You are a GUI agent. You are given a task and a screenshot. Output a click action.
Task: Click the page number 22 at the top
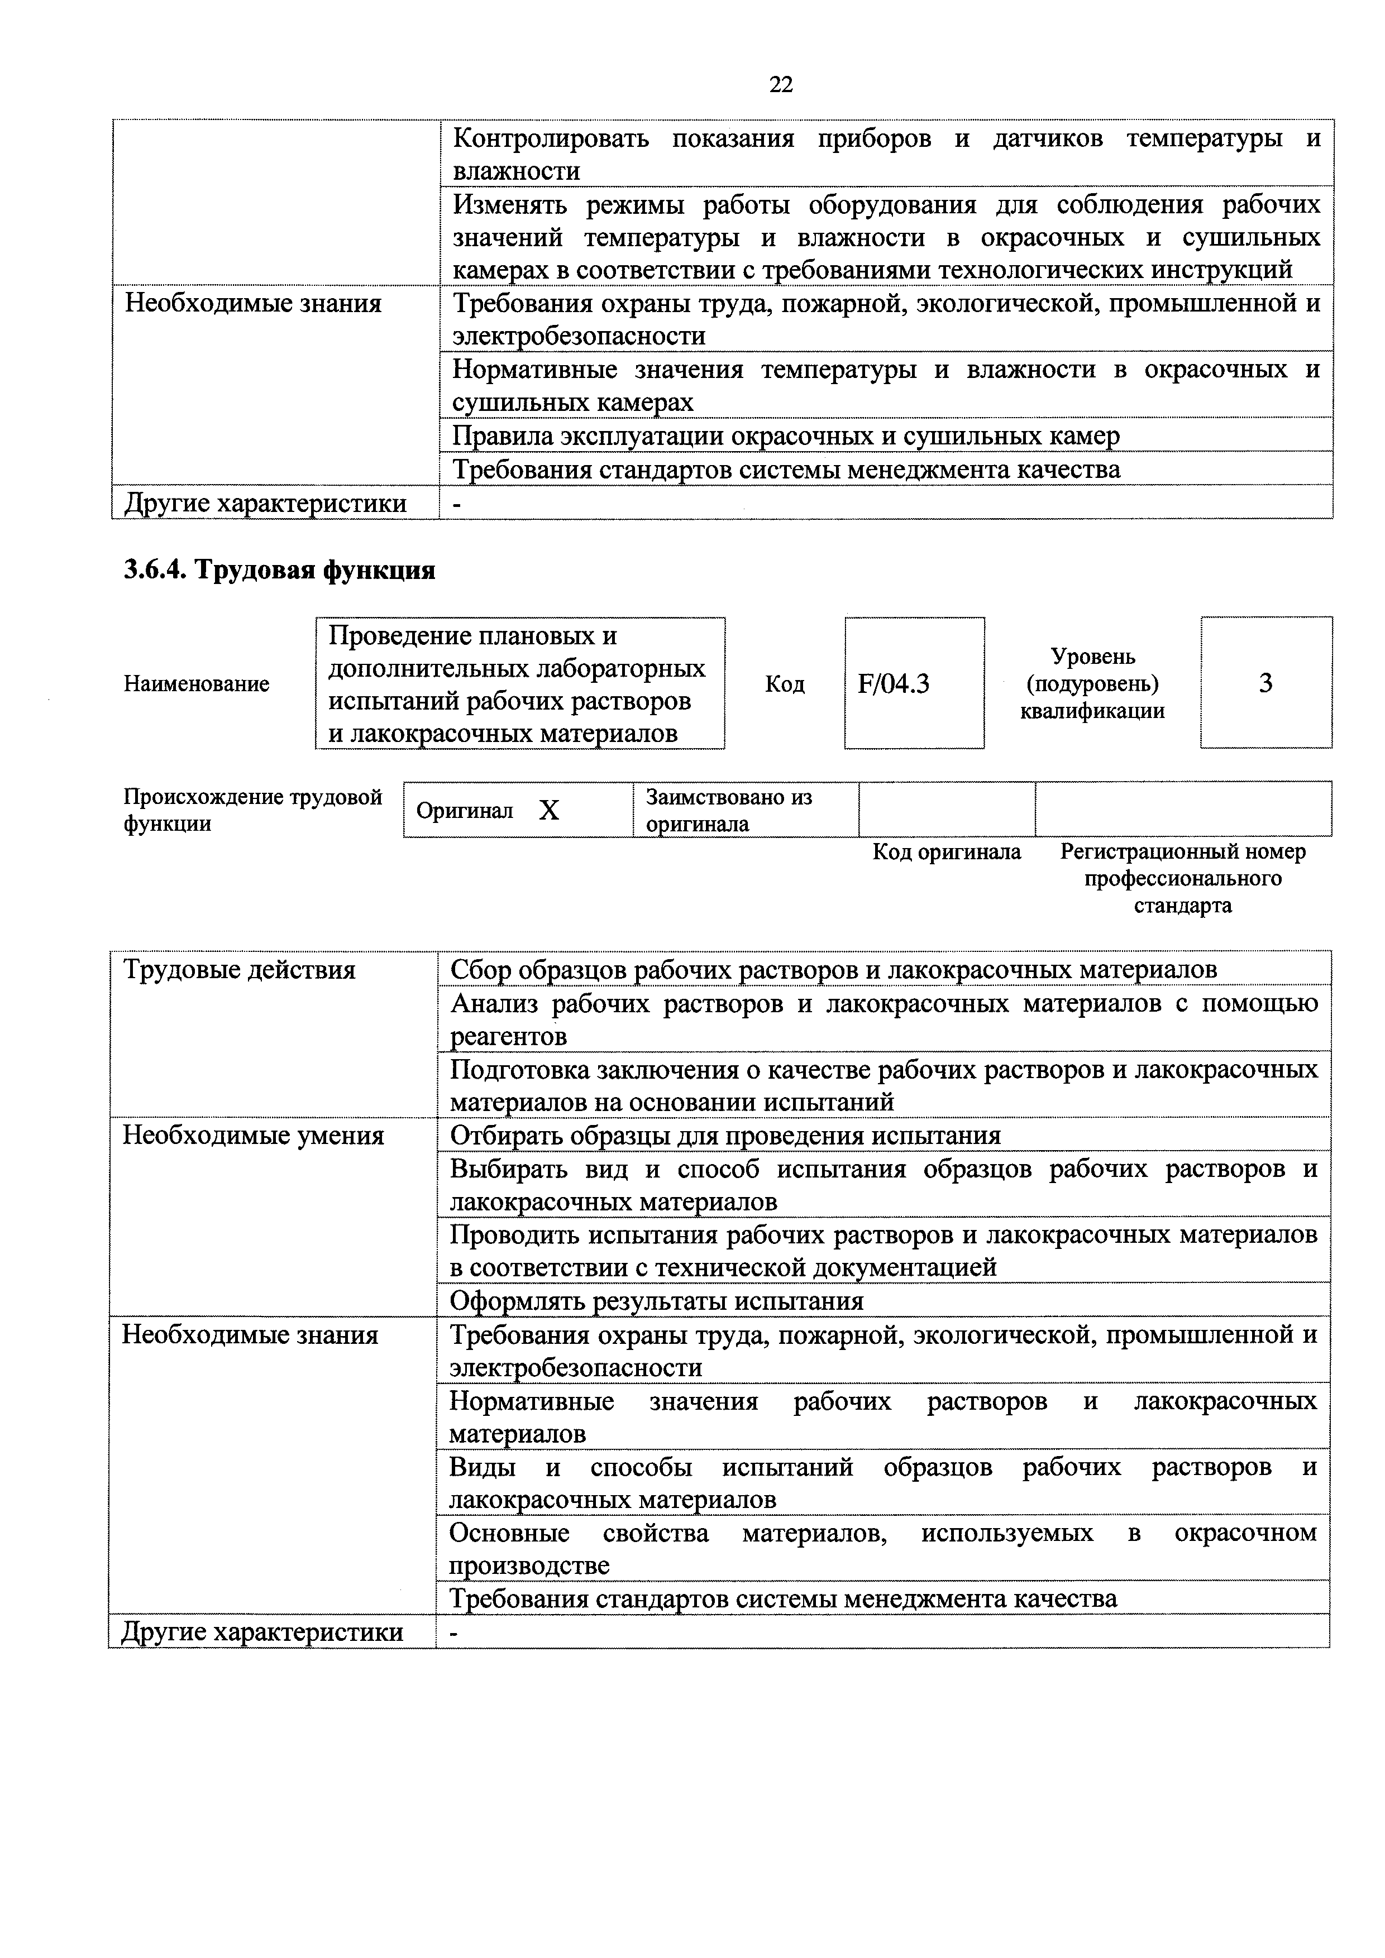pos(780,84)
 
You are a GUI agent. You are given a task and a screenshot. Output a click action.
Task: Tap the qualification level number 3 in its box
pos(1265,683)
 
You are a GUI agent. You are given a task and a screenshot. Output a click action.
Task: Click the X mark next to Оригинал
pos(549,810)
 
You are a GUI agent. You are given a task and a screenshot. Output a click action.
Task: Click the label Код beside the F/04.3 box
pos(785,684)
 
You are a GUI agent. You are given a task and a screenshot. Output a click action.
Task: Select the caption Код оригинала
pos(946,852)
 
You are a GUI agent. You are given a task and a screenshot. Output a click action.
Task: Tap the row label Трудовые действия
pos(240,970)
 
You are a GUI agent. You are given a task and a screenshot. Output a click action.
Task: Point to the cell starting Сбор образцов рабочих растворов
pos(833,970)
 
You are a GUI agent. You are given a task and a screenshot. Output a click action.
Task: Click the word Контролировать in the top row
pos(550,138)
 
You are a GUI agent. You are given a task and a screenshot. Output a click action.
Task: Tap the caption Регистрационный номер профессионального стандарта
pos(1182,878)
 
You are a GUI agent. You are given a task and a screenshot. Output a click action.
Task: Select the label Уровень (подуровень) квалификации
pos(1092,684)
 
